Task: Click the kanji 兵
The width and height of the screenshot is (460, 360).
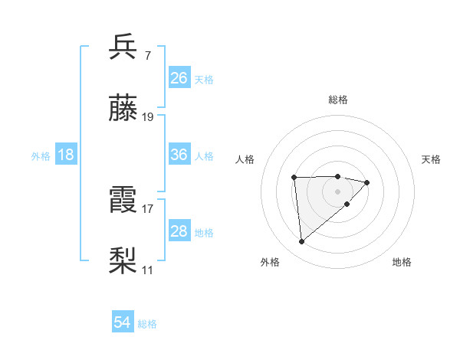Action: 123,47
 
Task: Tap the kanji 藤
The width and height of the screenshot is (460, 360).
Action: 123,109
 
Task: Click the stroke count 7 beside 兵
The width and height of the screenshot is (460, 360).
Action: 147,55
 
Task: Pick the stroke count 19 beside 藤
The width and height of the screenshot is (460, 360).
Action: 148,117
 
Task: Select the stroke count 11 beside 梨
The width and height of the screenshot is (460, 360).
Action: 148,270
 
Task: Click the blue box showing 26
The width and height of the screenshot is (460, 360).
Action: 179,78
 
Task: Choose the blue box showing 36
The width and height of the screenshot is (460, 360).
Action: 179,155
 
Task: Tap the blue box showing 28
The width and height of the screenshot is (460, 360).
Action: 179,231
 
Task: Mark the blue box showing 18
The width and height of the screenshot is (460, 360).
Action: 66,155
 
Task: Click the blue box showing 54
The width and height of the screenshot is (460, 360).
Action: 123,323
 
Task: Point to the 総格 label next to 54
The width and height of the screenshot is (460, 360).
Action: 147,324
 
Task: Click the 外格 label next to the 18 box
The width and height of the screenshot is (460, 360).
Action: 41,155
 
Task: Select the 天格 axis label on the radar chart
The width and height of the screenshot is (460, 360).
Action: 432,159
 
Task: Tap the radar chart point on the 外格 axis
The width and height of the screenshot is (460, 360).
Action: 302,241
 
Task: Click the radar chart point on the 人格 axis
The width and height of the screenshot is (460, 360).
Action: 294,178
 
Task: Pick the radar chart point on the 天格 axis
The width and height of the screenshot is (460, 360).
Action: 367,182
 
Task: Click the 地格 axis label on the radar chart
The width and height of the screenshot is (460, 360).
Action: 402,262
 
